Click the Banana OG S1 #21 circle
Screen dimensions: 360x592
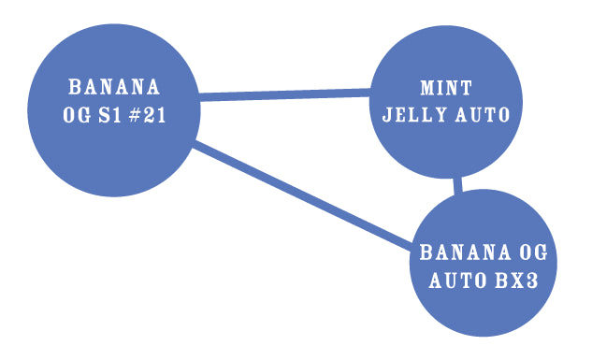click(x=114, y=150)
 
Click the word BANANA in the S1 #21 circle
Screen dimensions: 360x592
click(x=114, y=88)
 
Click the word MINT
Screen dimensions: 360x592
click(x=446, y=89)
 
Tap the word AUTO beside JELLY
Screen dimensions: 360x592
click(x=480, y=115)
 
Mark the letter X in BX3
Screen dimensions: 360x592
click(x=519, y=281)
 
